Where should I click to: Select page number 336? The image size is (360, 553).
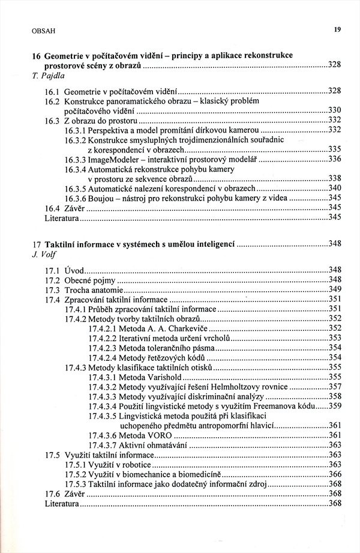coord(334,159)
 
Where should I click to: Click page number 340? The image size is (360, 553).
coord(334,188)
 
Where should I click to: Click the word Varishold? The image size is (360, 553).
coord(162,376)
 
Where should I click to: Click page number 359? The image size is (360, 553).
coord(334,405)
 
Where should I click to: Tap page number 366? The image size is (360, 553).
coord(334,474)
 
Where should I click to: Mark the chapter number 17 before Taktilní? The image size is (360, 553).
coord(37,243)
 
